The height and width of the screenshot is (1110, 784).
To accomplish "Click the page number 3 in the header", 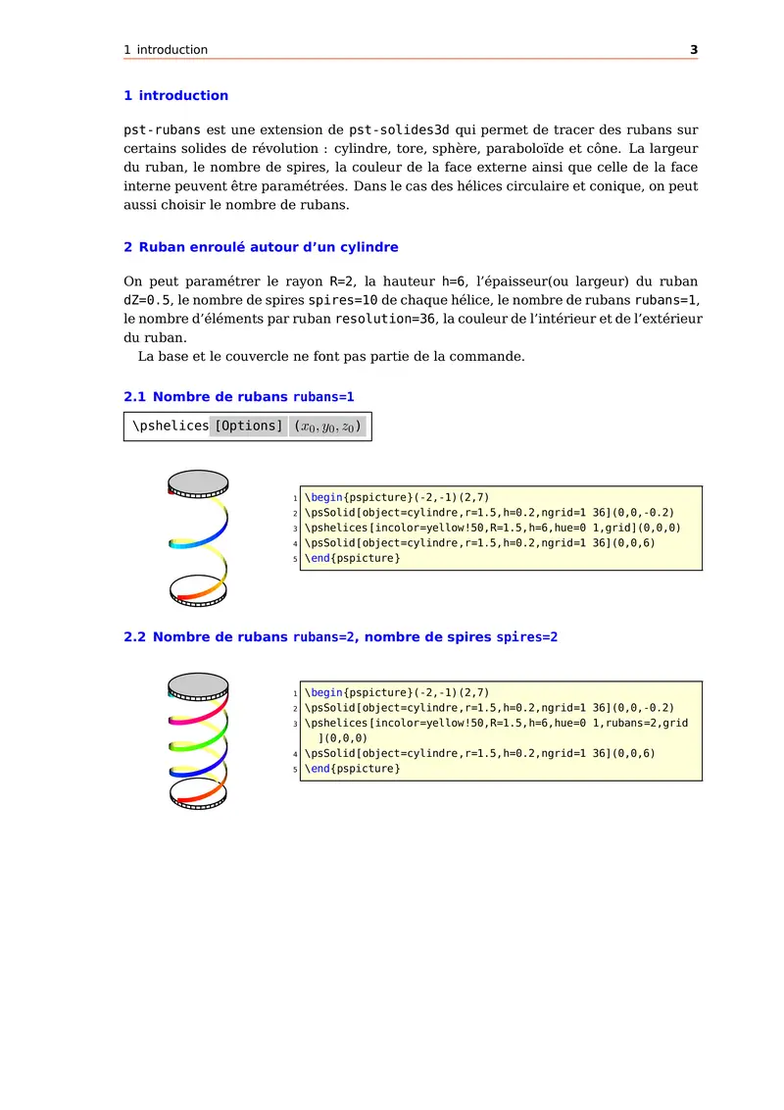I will tap(693, 50).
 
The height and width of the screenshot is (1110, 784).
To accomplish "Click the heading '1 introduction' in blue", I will tap(175, 96).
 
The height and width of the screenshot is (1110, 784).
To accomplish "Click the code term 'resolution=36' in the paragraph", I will tap(385, 320).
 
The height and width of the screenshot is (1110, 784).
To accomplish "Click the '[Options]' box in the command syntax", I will tap(248, 427).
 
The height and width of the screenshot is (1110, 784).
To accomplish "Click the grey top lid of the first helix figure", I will tap(198, 481).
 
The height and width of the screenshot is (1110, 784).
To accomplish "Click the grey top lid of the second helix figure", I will tap(198, 683).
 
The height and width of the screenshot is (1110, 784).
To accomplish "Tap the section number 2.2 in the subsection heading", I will tap(134, 637).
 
